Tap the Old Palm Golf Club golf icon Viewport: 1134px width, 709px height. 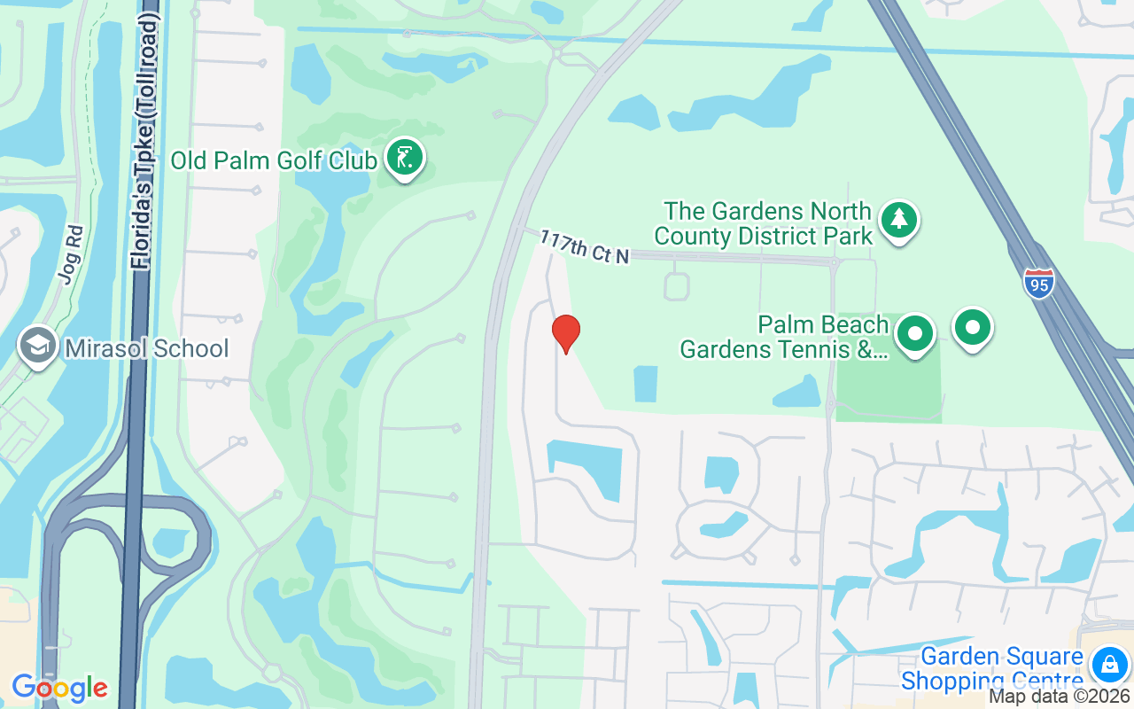click(x=405, y=158)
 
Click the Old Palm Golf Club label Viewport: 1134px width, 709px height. click(x=275, y=160)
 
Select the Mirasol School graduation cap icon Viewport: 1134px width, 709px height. click(x=38, y=347)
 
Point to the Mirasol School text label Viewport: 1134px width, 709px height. click(x=147, y=348)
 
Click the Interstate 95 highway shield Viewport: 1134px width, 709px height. click(x=1038, y=284)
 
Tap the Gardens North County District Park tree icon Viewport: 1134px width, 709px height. click(x=899, y=220)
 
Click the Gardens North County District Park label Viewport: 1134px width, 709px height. click(x=768, y=224)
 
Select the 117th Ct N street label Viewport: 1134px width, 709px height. click(x=584, y=247)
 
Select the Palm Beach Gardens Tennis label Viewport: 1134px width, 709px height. click(x=784, y=338)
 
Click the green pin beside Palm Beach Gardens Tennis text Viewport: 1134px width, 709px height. click(x=915, y=333)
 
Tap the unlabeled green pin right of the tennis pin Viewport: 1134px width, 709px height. click(x=973, y=327)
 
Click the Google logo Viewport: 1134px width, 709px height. click(x=59, y=687)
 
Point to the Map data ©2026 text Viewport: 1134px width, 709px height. click(x=1060, y=696)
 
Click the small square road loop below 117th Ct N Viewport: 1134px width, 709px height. click(x=676, y=286)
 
